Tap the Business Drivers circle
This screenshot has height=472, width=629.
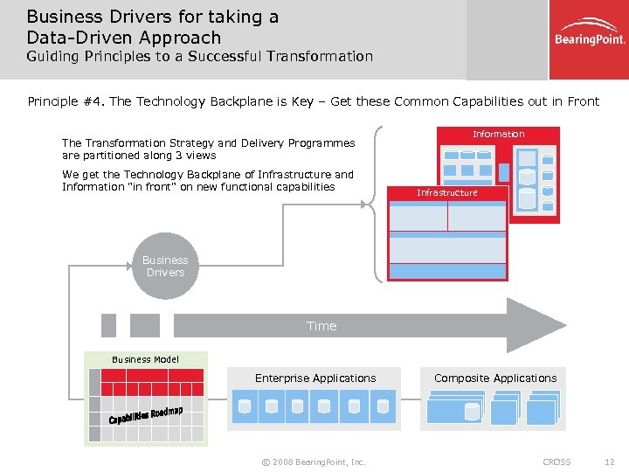165,266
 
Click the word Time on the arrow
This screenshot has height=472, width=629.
321,326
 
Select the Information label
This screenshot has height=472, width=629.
498,134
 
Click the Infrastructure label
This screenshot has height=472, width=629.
447,192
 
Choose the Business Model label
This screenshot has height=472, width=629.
145,359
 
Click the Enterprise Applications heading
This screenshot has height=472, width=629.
315,378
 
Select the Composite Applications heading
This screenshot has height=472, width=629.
495,378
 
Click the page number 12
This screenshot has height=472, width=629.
610,462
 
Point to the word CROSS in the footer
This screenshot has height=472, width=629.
556,462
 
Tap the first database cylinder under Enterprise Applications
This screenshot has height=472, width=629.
245,406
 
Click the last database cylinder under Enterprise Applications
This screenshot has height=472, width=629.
383,406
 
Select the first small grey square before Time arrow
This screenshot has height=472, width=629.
108,325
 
